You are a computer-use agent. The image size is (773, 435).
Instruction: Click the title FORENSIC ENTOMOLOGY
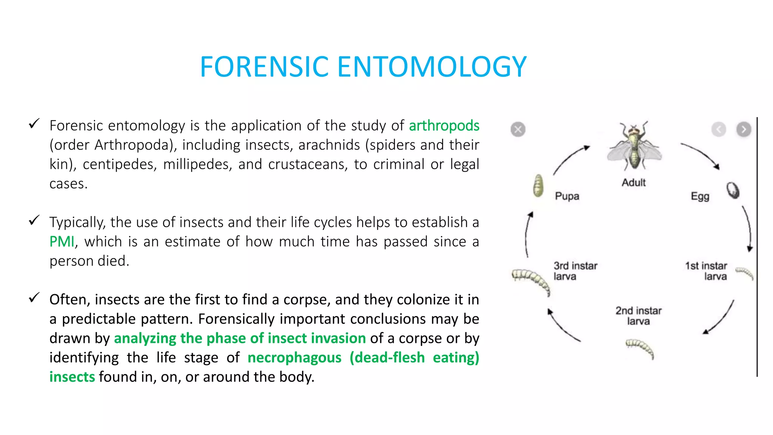363,67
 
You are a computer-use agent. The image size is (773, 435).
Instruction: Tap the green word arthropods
444,126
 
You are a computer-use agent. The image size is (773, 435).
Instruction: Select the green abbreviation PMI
62,242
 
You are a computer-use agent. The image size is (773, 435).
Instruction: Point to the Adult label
633,182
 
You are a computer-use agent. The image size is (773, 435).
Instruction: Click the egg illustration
733,190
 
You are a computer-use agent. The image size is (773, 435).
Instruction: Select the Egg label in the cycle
700,196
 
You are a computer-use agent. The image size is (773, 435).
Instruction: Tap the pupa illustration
538,185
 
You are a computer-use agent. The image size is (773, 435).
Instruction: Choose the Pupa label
567,196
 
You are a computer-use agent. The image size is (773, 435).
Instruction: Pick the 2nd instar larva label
639,316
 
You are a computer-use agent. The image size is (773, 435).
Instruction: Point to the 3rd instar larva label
575,271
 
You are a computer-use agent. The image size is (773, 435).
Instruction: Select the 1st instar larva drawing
745,273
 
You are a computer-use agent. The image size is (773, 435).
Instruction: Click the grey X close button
518,130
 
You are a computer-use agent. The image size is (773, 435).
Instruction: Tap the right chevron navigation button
744,130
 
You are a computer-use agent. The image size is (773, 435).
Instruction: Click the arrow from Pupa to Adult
571,159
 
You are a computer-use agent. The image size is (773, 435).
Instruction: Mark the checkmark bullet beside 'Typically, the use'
34,220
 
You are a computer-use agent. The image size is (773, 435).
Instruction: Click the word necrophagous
294,358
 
